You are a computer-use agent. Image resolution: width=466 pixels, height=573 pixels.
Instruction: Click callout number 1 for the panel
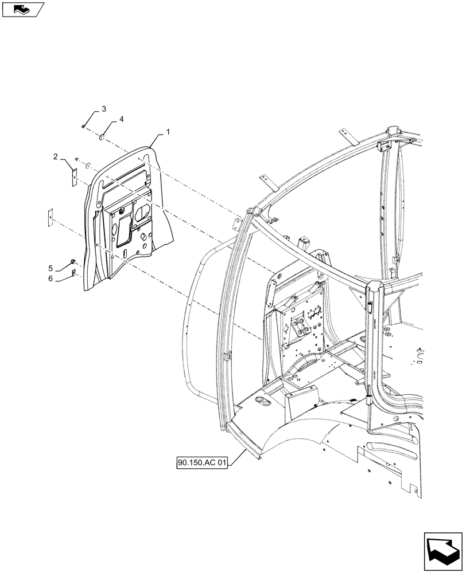tap(168, 132)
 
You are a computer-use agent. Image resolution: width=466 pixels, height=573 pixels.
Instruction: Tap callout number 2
tap(55, 156)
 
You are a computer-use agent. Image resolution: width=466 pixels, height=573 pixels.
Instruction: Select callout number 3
tap(104, 109)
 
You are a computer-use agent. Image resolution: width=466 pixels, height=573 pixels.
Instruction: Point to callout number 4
tap(121, 119)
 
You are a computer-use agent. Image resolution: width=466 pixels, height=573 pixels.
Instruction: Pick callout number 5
tap(51, 268)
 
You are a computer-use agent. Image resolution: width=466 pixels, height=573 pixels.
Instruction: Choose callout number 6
tap(51, 278)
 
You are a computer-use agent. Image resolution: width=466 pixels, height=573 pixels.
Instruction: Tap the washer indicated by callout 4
tap(101, 137)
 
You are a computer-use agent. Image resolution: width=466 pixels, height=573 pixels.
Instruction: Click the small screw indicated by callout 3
tap(84, 127)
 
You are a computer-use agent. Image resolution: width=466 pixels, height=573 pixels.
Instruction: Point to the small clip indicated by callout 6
tap(74, 273)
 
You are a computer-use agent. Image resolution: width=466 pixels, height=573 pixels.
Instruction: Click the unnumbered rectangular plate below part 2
tap(50, 215)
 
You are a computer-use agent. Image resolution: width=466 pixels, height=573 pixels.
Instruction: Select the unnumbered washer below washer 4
tap(88, 166)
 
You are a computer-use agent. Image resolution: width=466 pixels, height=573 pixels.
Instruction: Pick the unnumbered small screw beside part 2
tap(77, 159)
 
